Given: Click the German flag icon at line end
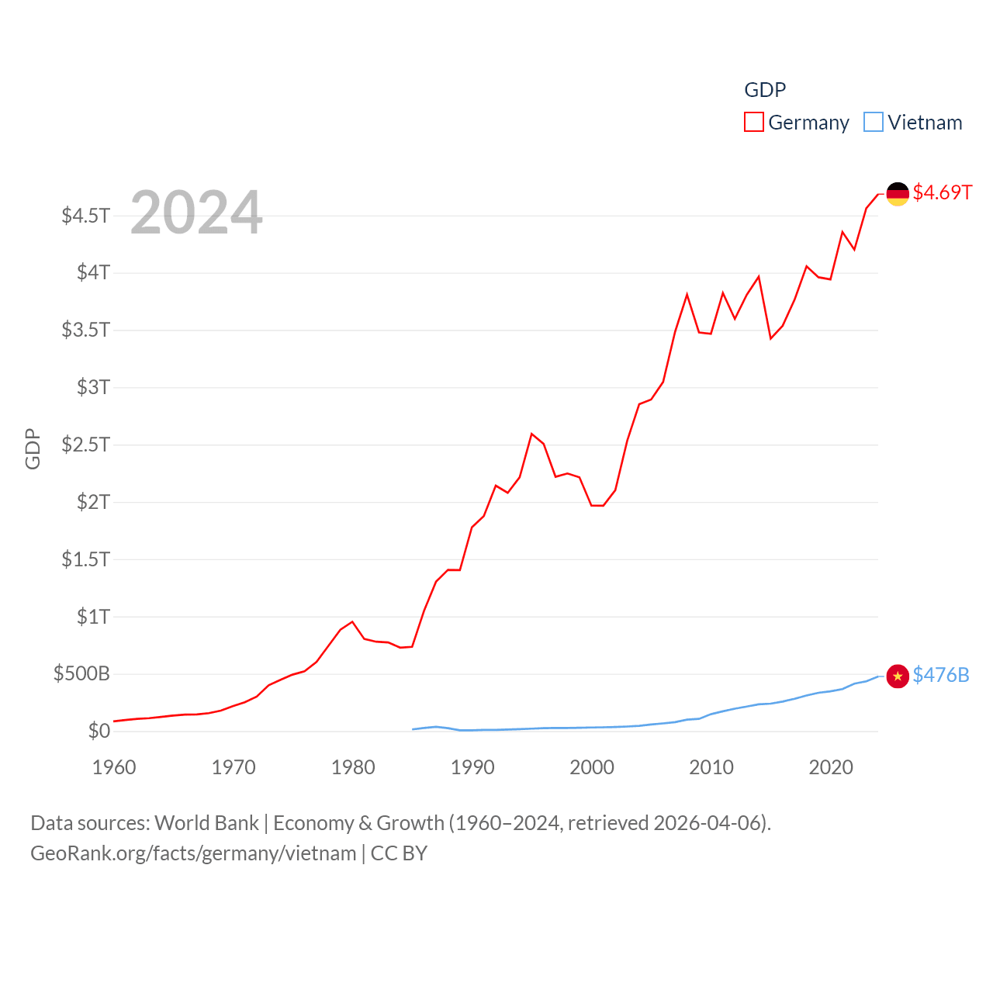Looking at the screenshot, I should [x=898, y=194].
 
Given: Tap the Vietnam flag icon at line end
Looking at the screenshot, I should [x=898, y=676].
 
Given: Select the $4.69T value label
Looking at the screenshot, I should [x=942, y=192].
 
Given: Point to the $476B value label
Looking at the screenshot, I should [x=941, y=675].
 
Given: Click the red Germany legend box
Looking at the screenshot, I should [x=753, y=123].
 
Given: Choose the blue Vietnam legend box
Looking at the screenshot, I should [x=874, y=123].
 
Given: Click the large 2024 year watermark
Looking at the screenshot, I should [x=196, y=213].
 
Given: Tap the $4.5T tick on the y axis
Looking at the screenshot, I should [x=86, y=215].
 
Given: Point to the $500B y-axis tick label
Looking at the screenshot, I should [x=81, y=673].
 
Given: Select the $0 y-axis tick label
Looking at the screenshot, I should [x=99, y=731].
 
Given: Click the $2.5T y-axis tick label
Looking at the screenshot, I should [x=86, y=445].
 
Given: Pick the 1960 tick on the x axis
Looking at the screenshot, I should [x=114, y=767].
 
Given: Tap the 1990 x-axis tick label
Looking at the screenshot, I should [x=472, y=767].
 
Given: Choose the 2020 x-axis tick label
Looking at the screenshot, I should [x=831, y=767].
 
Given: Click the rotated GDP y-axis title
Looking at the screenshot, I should [x=33, y=448].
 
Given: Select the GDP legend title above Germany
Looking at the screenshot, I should [x=765, y=90].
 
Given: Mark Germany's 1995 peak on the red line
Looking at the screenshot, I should [x=531, y=434].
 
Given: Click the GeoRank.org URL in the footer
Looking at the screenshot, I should [x=193, y=853].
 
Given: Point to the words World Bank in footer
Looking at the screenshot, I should [x=206, y=823].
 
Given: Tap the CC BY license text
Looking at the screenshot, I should [x=399, y=853].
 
